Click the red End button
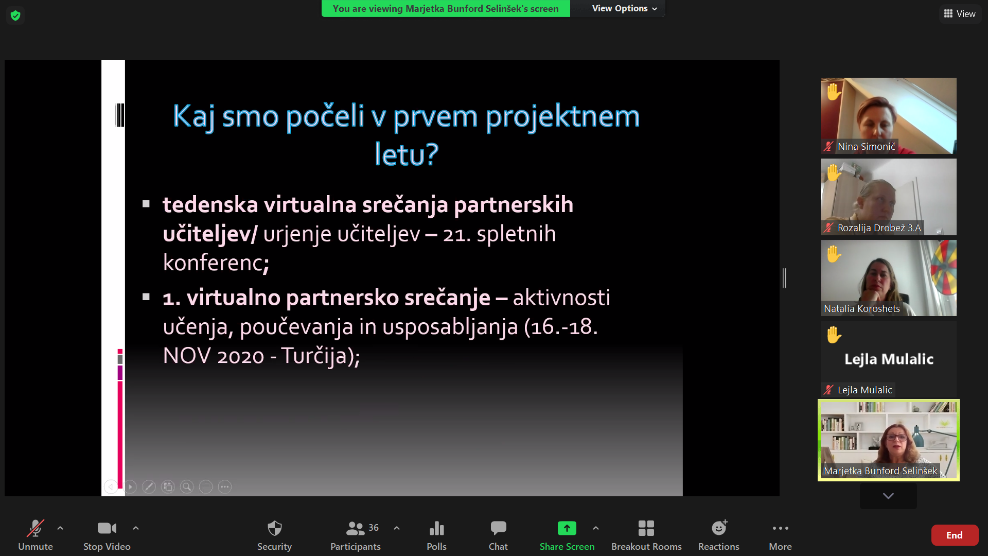(955, 535)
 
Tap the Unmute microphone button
(36, 535)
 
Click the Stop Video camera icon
(107, 528)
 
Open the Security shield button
(274, 535)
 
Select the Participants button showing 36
(356, 535)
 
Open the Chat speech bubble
(498, 535)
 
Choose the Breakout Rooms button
(646, 535)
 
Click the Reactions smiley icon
(719, 528)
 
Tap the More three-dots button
(780, 535)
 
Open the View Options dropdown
(624, 8)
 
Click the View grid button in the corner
(960, 14)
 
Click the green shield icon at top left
(15, 15)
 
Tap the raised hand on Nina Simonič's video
(834, 92)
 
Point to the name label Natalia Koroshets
(862, 309)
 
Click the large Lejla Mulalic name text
(889, 359)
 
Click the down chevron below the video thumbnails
(888, 496)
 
